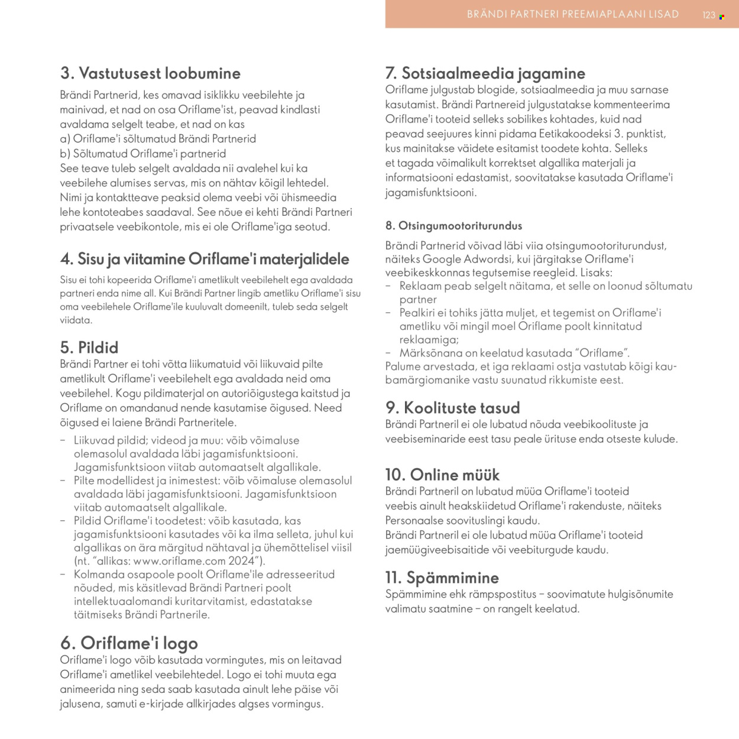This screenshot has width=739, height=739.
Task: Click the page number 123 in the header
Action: [709, 15]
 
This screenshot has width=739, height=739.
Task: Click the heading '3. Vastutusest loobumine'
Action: [150, 73]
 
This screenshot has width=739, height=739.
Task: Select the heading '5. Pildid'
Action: [89, 347]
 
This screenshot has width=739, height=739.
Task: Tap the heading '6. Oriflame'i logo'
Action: [129, 643]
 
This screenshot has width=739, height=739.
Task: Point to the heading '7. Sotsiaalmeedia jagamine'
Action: [485, 73]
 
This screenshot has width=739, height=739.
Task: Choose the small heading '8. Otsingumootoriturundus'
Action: [453, 225]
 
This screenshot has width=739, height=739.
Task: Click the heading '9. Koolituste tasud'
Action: [452, 407]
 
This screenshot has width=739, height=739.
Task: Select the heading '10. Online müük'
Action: [442, 475]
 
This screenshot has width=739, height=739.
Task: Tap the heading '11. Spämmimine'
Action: [442, 578]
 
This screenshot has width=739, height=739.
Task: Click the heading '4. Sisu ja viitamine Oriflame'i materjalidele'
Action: [205, 259]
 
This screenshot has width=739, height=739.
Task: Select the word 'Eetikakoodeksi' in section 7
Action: [575, 134]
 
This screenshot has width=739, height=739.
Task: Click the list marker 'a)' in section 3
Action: [65, 139]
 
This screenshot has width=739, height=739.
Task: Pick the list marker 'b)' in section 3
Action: [65, 154]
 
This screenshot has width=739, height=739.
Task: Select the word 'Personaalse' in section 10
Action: [414, 520]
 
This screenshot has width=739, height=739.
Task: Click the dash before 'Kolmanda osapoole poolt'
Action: [63, 574]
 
